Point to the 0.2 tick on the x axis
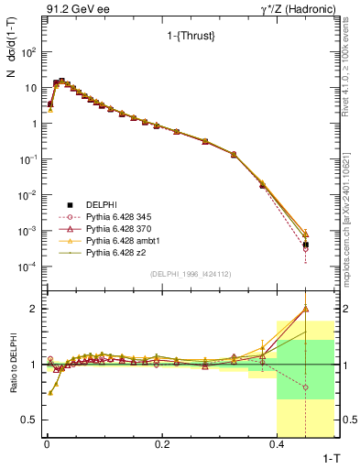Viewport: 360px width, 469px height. click(x=162, y=443)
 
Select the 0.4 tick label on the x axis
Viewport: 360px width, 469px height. click(x=278, y=443)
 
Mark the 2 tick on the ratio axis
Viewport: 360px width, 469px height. click(x=33, y=309)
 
